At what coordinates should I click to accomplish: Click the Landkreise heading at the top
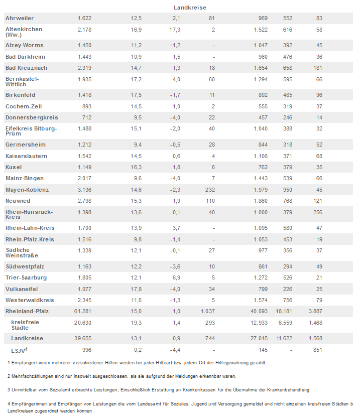(190, 8)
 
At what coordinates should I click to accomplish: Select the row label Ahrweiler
(20, 18)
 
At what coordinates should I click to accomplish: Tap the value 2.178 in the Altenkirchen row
(84, 30)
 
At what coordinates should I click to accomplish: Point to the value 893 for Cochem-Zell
(86, 106)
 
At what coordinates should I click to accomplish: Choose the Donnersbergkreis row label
(32, 117)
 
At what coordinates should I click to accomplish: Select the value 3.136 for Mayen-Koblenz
(84, 190)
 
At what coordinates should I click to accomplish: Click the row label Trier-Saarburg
(26, 277)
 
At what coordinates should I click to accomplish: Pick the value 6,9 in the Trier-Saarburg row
(175, 277)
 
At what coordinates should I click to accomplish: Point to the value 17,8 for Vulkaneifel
(136, 289)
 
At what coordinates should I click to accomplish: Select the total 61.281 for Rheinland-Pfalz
(83, 311)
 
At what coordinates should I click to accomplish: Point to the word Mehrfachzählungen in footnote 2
(37, 376)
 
